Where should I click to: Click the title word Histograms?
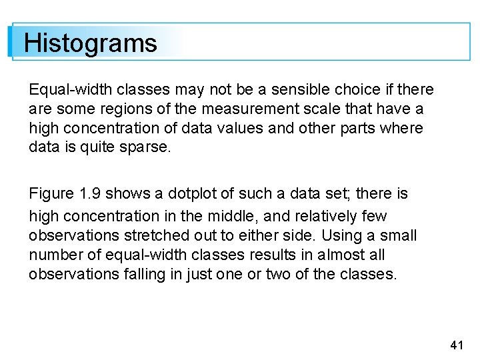90,43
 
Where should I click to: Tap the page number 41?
457,345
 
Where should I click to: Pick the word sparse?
146,147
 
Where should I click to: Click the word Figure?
51,194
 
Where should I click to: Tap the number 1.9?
91,194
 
